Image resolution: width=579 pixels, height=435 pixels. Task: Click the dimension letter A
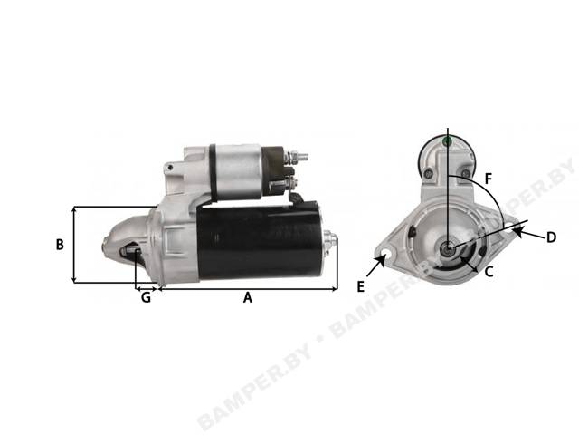pos(247,297)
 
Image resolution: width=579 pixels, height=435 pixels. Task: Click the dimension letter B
pos(60,245)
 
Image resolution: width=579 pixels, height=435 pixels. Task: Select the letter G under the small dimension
pos(147,297)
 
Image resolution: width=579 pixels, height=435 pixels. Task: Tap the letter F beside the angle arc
pos(489,179)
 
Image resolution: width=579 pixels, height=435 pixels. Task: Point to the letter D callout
pos(551,237)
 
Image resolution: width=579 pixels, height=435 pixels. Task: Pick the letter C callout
pos(489,272)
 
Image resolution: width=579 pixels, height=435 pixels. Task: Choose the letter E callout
pos(361,286)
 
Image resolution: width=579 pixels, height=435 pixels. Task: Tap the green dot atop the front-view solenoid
pos(448,141)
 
